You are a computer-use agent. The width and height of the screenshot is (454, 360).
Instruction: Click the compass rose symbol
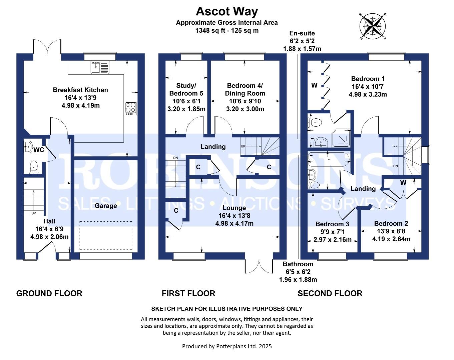coord(373,26)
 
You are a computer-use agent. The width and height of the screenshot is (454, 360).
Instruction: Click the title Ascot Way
coord(227,11)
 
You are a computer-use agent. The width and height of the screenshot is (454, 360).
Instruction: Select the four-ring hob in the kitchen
coord(130,108)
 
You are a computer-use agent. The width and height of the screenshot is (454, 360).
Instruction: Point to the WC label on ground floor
coord(39,150)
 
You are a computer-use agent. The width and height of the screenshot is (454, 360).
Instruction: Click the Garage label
coord(106,206)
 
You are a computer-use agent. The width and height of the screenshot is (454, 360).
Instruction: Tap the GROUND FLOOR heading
coord(49,293)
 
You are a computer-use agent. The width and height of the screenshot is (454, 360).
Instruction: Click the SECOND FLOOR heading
coord(330,293)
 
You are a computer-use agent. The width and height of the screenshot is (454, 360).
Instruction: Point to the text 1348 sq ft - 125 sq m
coord(227,31)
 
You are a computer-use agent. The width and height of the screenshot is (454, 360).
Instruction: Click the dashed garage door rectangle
coord(106,236)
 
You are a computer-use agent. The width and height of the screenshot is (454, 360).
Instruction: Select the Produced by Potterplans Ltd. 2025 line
coord(227,346)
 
